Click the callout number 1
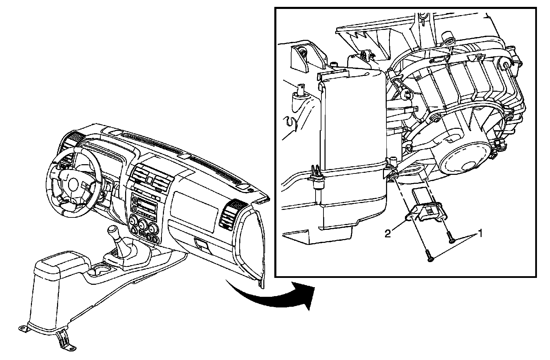tap(480, 234)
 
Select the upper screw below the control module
tap(450, 237)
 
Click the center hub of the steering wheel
tap(73, 184)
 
